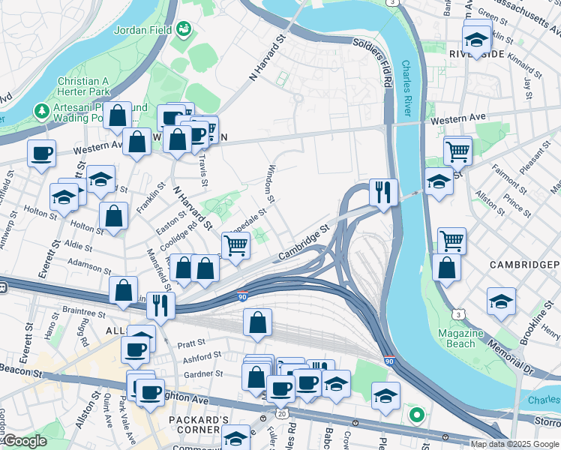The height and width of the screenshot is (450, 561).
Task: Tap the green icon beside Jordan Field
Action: coord(182,29)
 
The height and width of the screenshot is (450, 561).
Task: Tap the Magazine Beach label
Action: coord(456,338)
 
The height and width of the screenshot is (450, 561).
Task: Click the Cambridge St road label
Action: coord(304,244)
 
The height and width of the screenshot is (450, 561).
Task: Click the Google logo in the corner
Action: coord(25,441)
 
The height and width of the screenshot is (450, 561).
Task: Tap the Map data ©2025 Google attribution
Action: coord(514,444)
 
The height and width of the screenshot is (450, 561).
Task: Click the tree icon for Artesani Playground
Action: coord(42,112)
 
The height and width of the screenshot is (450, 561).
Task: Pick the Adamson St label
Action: coord(90,263)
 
